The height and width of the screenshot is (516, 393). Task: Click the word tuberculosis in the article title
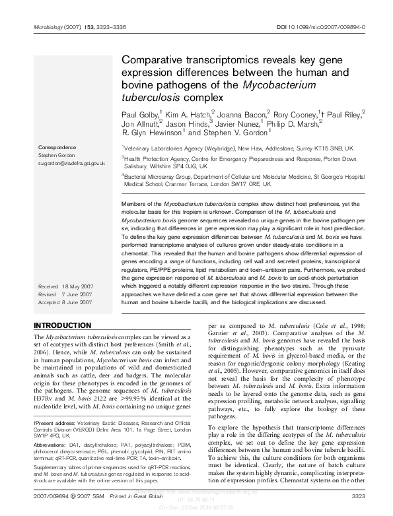(148, 97)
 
